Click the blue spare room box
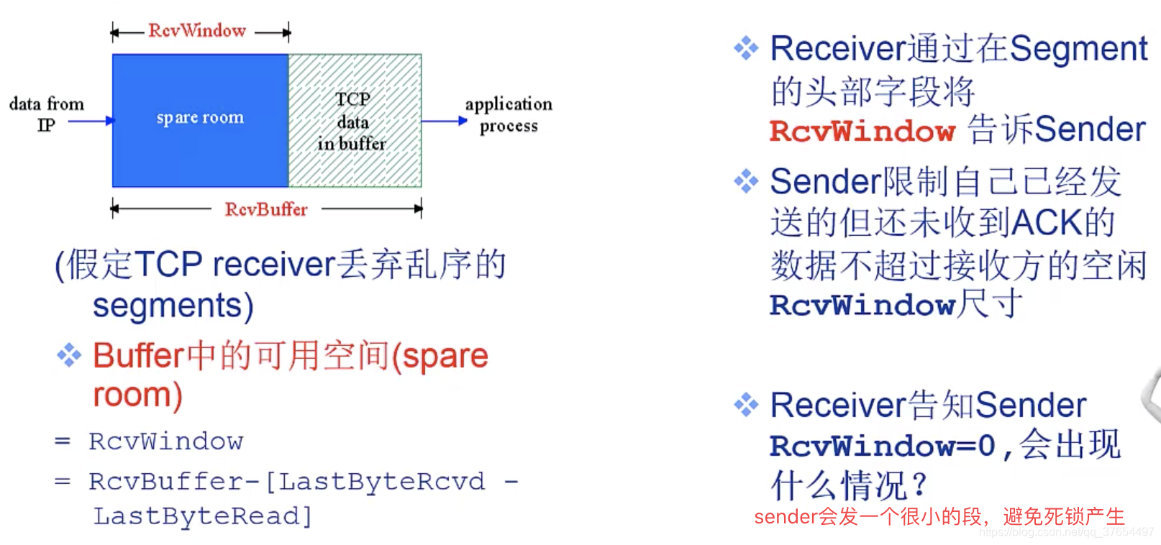coord(200,120)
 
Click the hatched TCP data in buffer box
coord(355,120)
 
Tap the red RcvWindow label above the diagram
coord(197,31)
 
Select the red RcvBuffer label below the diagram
coord(265,209)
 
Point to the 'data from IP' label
coord(46,114)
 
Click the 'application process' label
coord(509,114)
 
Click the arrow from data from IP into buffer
coord(91,121)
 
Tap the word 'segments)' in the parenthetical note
coord(173,306)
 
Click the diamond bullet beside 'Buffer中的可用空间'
coord(69,355)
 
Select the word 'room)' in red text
coord(137,395)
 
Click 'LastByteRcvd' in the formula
coord(381,481)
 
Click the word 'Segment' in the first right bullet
coord(1078,49)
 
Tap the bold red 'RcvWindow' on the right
coord(862,131)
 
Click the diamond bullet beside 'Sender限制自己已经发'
coord(746,181)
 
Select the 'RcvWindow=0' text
coord(883,446)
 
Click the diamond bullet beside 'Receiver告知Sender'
coord(746,405)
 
